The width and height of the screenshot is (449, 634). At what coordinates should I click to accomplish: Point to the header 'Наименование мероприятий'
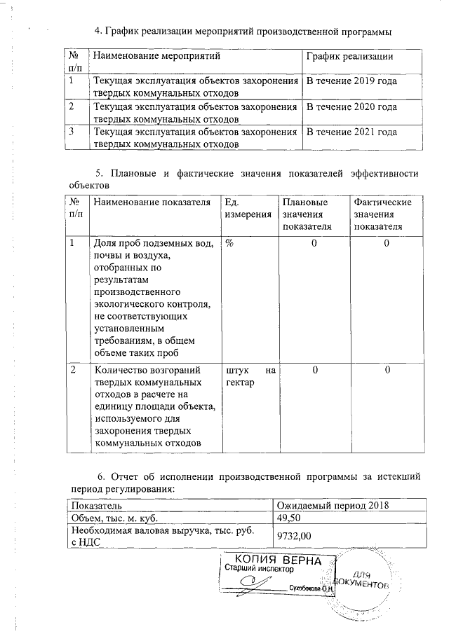pos(156,56)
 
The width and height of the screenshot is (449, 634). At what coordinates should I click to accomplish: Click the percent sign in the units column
pos(229,243)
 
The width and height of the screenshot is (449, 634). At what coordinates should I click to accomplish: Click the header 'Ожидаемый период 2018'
pos(333,506)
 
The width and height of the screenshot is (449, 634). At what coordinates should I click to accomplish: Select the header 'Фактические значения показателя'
pos(382,214)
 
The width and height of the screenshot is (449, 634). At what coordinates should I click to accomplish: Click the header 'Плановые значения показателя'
pos(307,214)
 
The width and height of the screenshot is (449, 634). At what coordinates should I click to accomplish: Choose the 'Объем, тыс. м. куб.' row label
pos(114,519)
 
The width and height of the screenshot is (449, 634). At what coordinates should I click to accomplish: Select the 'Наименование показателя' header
pos(152,202)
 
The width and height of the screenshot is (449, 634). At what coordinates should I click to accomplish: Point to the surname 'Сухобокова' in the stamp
pos(307,590)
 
